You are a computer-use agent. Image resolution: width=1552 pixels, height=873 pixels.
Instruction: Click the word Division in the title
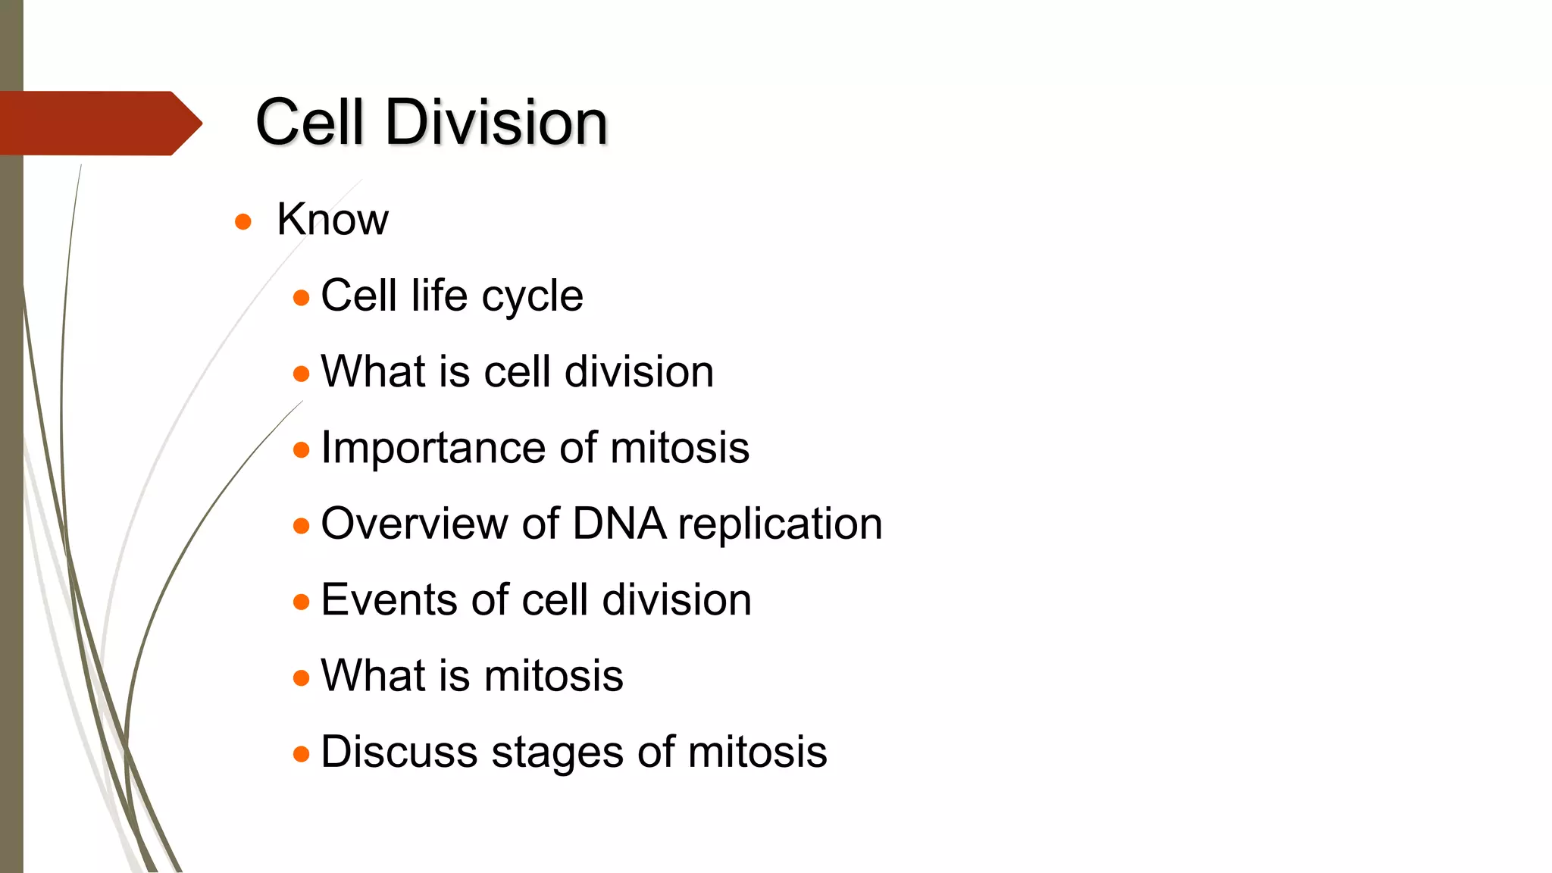tap(496, 123)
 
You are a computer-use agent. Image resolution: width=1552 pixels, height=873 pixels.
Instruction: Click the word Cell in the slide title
tap(309, 123)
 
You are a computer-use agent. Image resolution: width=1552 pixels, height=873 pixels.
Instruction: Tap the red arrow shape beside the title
tap(99, 124)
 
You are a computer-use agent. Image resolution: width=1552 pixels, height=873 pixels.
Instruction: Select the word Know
tap(332, 220)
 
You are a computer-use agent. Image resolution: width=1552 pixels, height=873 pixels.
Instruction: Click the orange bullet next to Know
tap(242, 221)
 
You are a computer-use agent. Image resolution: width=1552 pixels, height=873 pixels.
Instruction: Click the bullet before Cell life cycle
tap(302, 298)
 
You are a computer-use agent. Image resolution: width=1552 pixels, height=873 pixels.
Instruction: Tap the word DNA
tap(618, 524)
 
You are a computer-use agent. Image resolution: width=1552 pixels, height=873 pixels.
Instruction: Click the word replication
tap(780, 525)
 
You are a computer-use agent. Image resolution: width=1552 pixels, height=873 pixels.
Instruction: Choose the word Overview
tap(415, 524)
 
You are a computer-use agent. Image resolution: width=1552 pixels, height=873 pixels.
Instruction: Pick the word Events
tap(388, 600)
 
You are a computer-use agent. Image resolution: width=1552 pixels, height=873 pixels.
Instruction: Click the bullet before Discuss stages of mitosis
tap(302, 754)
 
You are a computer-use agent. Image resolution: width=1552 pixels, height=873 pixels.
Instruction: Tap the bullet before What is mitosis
tap(302, 677)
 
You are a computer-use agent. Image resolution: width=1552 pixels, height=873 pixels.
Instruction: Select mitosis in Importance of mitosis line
tap(679, 448)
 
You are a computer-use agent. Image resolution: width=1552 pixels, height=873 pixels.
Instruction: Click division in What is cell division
tap(639, 372)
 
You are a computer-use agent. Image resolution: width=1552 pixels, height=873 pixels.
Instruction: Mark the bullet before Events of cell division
tap(302, 602)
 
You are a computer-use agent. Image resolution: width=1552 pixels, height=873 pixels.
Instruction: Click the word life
tap(439, 296)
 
